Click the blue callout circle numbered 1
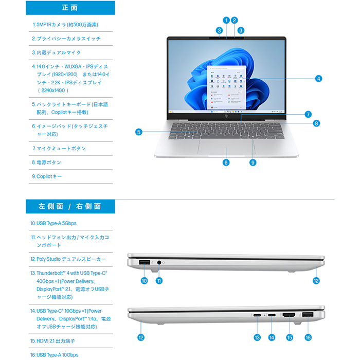(226, 21)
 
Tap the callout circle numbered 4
(318, 79)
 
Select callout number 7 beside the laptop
(308, 114)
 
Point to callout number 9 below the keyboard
(253, 163)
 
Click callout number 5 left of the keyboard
(139, 132)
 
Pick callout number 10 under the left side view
(144, 281)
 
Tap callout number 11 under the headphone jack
(159, 281)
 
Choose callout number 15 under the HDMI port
(290, 337)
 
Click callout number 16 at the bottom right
(308, 337)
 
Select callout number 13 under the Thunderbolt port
(257, 337)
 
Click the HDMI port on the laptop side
(289, 315)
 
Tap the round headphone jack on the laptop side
(159, 262)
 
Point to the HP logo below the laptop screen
(226, 116)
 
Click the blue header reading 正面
(70, 8)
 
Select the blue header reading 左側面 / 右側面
(70, 206)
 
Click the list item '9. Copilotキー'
(47, 176)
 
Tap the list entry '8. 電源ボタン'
(46, 163)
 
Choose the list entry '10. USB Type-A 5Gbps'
(53, 223)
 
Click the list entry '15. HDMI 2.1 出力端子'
(52, 341)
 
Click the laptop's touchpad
(226, 148)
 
